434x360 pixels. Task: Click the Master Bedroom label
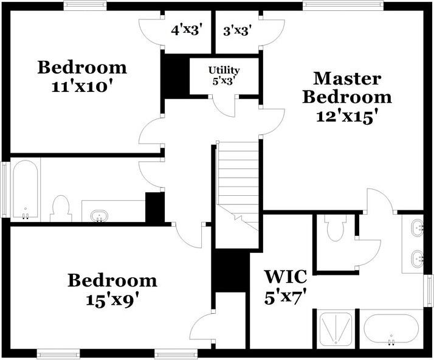(348, 88)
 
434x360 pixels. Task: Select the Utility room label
(224, 71)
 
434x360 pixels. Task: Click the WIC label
(285, 276)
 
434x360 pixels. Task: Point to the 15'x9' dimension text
(112, 300)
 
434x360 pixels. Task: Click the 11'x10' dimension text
(83, 86)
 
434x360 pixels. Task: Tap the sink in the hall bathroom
(99, 215)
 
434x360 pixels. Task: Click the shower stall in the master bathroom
(335, 329)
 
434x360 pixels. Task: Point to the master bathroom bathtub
(391, 329)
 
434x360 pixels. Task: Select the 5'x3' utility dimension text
(224, 80)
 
